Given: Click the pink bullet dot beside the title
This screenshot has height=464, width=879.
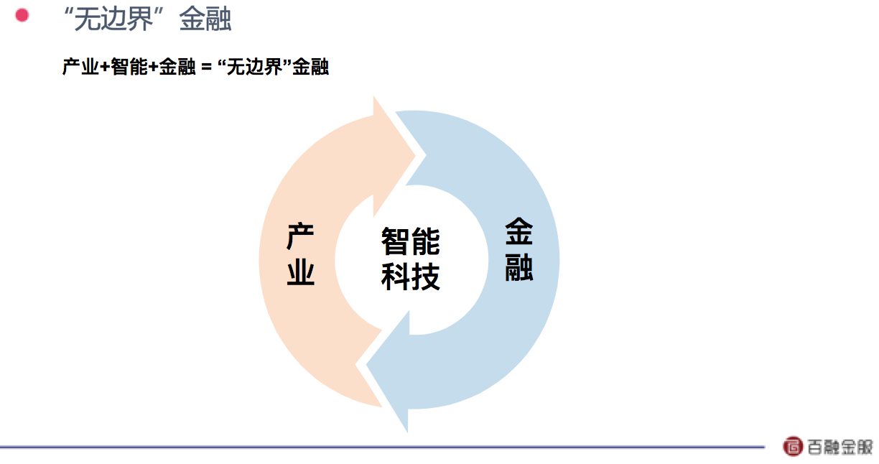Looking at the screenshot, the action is coord(22,15).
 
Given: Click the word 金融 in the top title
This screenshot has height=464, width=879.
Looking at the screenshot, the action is coord(205,19).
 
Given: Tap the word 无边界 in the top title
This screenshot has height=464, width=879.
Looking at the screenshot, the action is coord(113,19).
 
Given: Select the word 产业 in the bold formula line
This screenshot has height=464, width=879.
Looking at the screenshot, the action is coord(80,66).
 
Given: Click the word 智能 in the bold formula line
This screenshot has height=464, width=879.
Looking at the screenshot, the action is coord(129,66).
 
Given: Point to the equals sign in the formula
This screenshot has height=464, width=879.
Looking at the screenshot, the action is coord(206,67).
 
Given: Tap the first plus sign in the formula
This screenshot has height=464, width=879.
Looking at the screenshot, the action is coord(105,67).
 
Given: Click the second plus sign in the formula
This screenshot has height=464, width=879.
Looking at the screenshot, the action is coord(154,67).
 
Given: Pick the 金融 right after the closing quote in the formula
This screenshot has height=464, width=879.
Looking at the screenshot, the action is coord(310,66).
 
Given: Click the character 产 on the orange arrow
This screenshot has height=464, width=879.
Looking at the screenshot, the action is coord(301,236).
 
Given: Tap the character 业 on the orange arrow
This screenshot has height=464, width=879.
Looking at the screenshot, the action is coord(301,272).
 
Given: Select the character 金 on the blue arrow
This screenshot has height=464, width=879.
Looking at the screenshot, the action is coord(518,231).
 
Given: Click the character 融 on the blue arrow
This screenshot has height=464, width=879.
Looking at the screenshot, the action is coord(518,267).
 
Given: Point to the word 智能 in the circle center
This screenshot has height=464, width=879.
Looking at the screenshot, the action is coord(411,241).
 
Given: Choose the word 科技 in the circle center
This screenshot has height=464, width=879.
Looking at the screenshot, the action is coord(411,277).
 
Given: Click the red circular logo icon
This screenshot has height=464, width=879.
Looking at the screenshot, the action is coord(793,446).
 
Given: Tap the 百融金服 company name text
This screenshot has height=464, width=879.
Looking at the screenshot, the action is coord(840,447).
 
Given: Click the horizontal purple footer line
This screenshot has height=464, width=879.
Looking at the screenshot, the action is coord(382,447).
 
